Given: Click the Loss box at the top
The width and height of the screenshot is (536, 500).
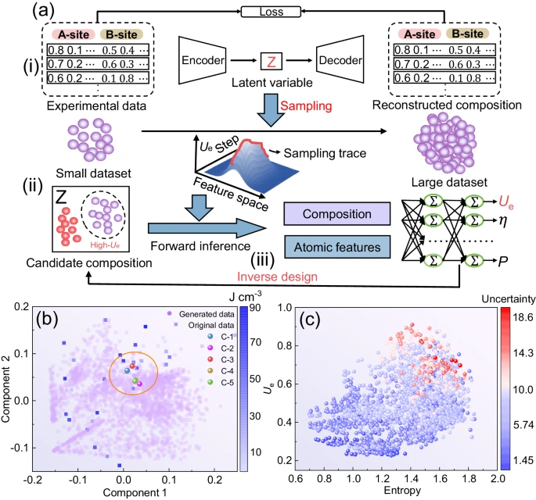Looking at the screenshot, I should click(268, 12).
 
